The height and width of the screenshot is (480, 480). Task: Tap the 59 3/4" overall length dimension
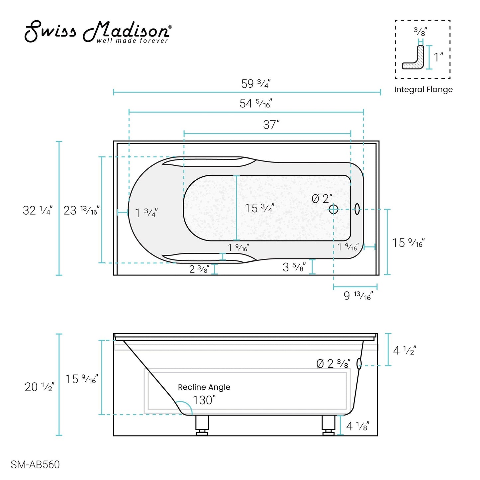coord(255,84)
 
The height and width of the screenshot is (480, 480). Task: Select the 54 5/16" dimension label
coord(255,103)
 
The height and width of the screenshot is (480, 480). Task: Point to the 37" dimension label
coord(271,125)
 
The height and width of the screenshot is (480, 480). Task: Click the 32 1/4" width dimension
coord(38,210)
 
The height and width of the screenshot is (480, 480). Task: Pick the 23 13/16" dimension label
coord(81,210)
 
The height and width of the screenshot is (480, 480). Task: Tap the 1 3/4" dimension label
coord(146,213)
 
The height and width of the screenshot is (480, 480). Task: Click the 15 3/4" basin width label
coord(259,208)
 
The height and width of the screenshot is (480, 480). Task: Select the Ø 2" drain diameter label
coord(322,199)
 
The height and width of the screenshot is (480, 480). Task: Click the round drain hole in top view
coord(333,209)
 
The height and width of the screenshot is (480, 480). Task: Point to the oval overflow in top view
coord(357,209)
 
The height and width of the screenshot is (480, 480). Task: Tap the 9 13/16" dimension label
coord(358,295)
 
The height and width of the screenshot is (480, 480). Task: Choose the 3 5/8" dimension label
coord(294,267)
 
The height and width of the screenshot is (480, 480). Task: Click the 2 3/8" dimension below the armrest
coord(199,269)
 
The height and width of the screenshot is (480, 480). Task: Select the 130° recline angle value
coord(204,400)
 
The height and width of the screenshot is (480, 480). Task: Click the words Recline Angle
coord(204,387)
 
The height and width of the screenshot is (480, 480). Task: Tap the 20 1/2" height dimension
coord(39,387)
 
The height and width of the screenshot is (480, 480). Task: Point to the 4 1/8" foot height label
coord(357,426)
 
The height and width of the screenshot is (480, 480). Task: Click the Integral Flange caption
coord(423,90)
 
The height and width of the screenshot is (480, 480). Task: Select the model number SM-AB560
coord(35,464)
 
